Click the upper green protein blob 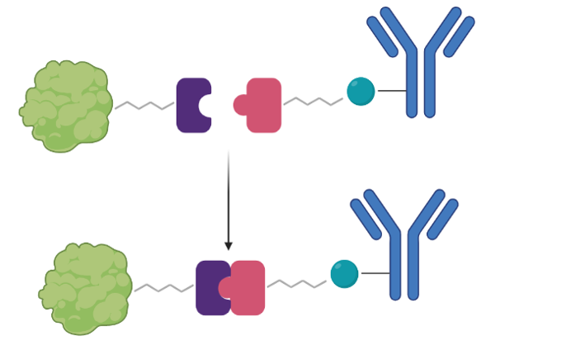(66, 106)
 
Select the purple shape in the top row (189, 106)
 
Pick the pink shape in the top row (266, 106)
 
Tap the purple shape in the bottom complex (208, 287)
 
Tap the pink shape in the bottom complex (251, 287)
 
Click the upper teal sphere (361, 91)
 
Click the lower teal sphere (344, 273)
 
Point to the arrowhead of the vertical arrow (229, 245)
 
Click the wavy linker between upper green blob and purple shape (144, 106)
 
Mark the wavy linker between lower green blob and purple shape (164, 288)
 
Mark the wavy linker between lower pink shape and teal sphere (296, 284)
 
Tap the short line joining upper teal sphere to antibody (391, 91)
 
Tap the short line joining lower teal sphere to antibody (375, 273)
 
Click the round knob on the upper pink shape (241, 105)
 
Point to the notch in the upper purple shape (206, 106)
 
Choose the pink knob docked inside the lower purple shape (225, 287)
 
